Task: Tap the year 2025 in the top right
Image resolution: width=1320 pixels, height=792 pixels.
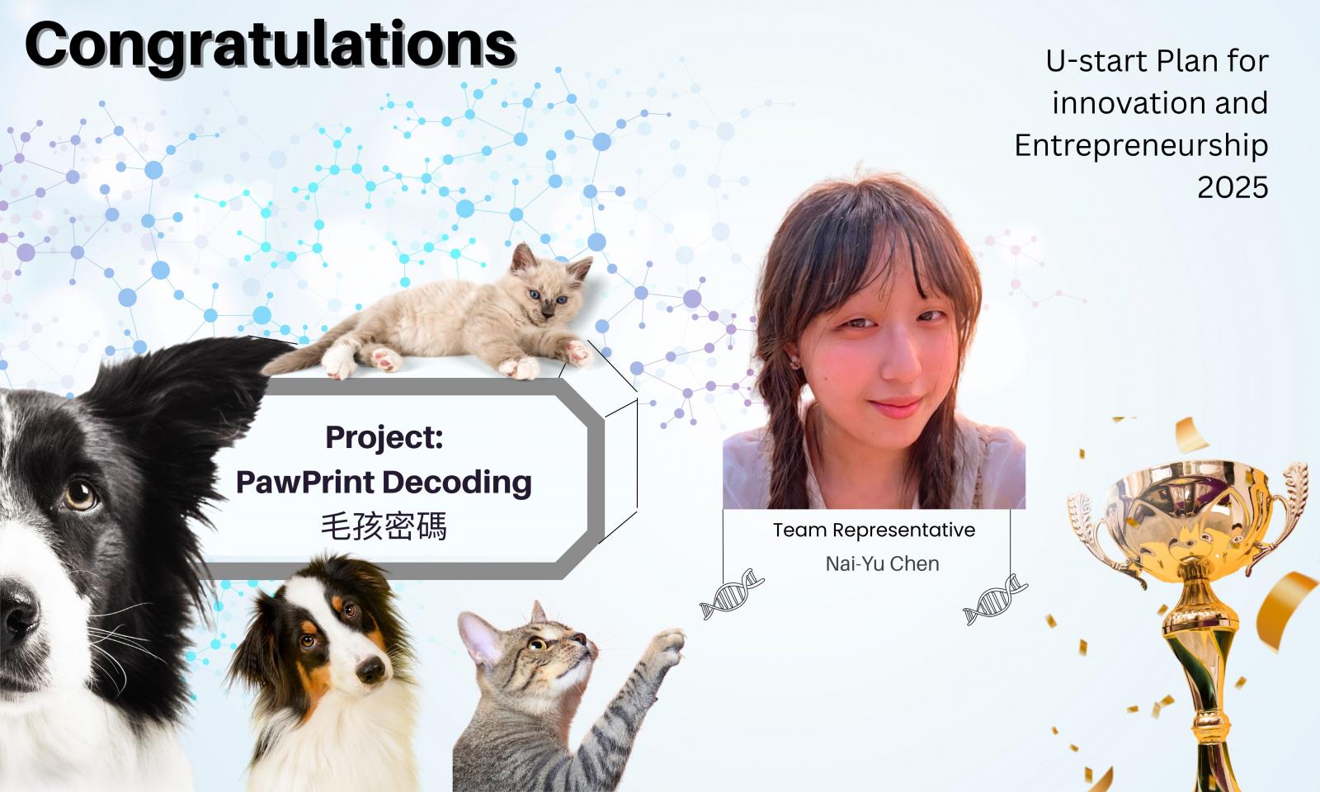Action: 1233,187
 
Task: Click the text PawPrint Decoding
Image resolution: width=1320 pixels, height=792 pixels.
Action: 384,483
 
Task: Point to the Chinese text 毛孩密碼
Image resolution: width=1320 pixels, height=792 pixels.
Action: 384,526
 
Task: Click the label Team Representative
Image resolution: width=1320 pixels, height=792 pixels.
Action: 874,530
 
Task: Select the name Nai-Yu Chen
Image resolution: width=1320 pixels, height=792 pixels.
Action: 882,564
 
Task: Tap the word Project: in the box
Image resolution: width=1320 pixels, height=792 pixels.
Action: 384,437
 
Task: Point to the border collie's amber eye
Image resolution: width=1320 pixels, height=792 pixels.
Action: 81,495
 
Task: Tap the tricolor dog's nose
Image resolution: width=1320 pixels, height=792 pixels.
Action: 371,670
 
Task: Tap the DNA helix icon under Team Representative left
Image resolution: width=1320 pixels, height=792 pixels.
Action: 732,594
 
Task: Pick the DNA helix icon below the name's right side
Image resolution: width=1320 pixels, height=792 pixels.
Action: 995,599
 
